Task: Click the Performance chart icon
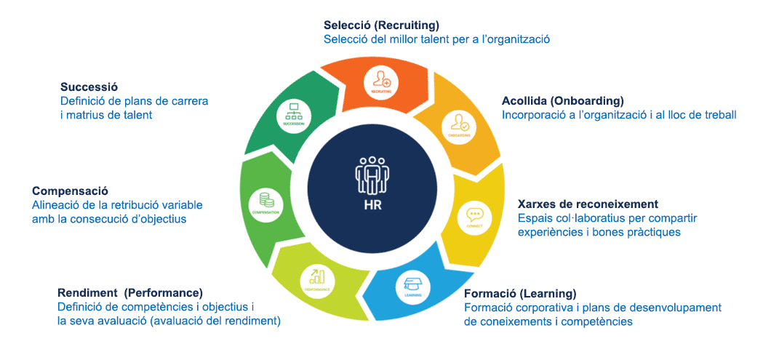(x=316, y=279)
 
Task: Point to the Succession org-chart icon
(x=294, y=113)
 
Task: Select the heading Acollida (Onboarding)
(x=562, y=100)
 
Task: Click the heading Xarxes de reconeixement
(x=587, y=204)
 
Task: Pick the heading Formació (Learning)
(x=519, y=293)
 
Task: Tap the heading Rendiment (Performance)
(x=129, y=292)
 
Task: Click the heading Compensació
(x=71, y=191)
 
